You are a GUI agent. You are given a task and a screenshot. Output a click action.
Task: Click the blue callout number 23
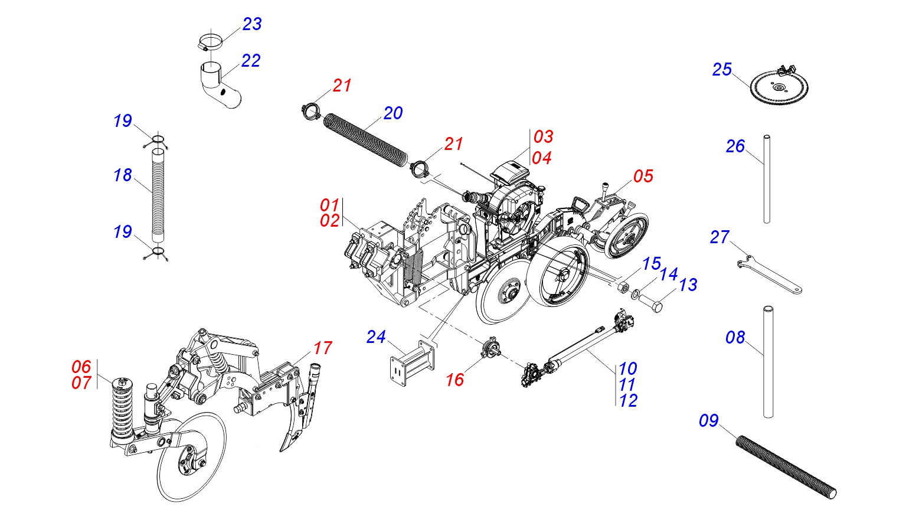click(x=252, y=24)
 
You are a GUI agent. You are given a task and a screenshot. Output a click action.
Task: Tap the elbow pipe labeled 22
click(x=220, y=84)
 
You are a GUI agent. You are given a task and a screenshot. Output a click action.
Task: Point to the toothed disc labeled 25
click(x=779, y=86)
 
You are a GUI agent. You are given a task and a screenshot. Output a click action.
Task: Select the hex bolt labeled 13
click(x=650, y=303)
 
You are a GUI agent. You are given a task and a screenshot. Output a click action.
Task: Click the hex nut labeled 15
click(x=623, y=287)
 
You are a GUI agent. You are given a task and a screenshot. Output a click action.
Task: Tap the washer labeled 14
click(x=635, y=294)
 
